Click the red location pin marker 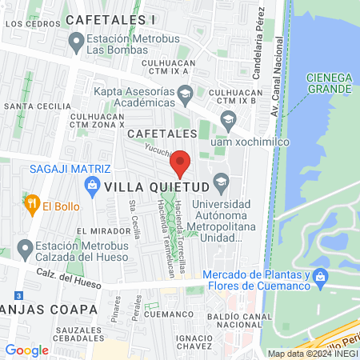click(x=182, y=162)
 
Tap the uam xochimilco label click(x=249, y=142)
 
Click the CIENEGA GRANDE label click(x=329, y=82)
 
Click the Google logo click(x=26, y=350)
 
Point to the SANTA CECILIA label click(x=34, y=106)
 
